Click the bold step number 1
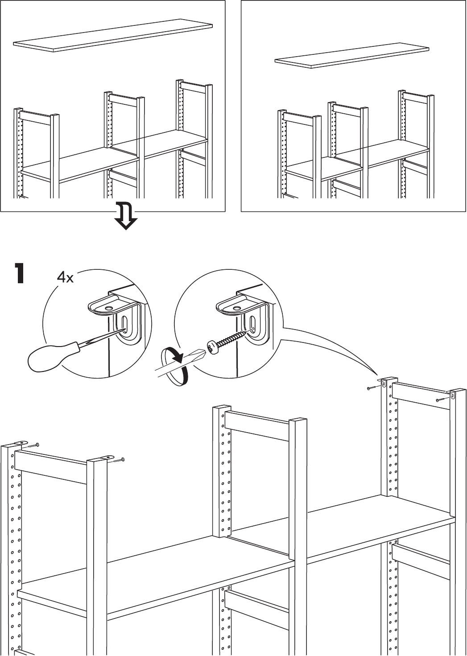20,273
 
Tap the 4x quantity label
65,277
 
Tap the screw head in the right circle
212,347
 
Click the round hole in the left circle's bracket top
108,308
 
